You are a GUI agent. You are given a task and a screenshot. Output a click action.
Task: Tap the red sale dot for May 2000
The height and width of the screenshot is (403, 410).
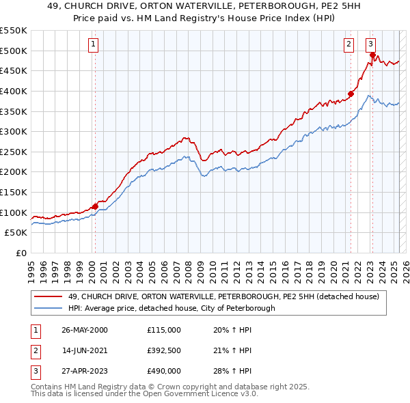pyautogui.click(x=96, y=206)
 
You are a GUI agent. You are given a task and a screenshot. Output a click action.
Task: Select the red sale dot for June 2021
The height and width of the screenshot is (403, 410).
pyautogui.click(x=351, y=94)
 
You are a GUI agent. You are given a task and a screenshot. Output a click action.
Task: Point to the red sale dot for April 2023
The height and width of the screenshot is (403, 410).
pyautogui.click(x=372, y=55)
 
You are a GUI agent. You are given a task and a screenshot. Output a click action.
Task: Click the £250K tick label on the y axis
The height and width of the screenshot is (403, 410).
pyautogui.click(x=14, y=152)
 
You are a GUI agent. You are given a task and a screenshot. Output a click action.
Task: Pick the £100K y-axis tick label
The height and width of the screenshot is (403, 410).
pyautogui.click(x=14, y=212)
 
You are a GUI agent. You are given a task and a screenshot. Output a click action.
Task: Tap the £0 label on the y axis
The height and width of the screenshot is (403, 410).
pyautogui.click(x=21, y=253)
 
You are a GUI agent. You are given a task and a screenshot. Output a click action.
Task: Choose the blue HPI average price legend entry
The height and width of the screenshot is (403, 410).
pyautogui.click(x=172, y=308)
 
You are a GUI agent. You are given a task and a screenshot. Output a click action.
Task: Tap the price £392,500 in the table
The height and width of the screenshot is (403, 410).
pyautogui.click(x=163, y=350)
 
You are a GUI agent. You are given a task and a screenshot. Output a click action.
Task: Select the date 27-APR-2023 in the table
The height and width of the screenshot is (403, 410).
pyautogui.click(x=85, y=371)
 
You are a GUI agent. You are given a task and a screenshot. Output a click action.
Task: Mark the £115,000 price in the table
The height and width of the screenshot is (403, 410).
pyautogui.click(x=163, y=330)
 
